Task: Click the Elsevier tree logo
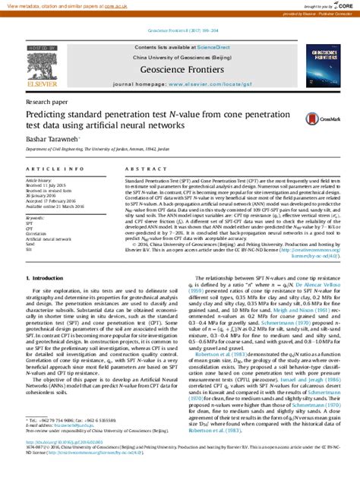(46, 64)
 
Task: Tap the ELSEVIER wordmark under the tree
(46, 85)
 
